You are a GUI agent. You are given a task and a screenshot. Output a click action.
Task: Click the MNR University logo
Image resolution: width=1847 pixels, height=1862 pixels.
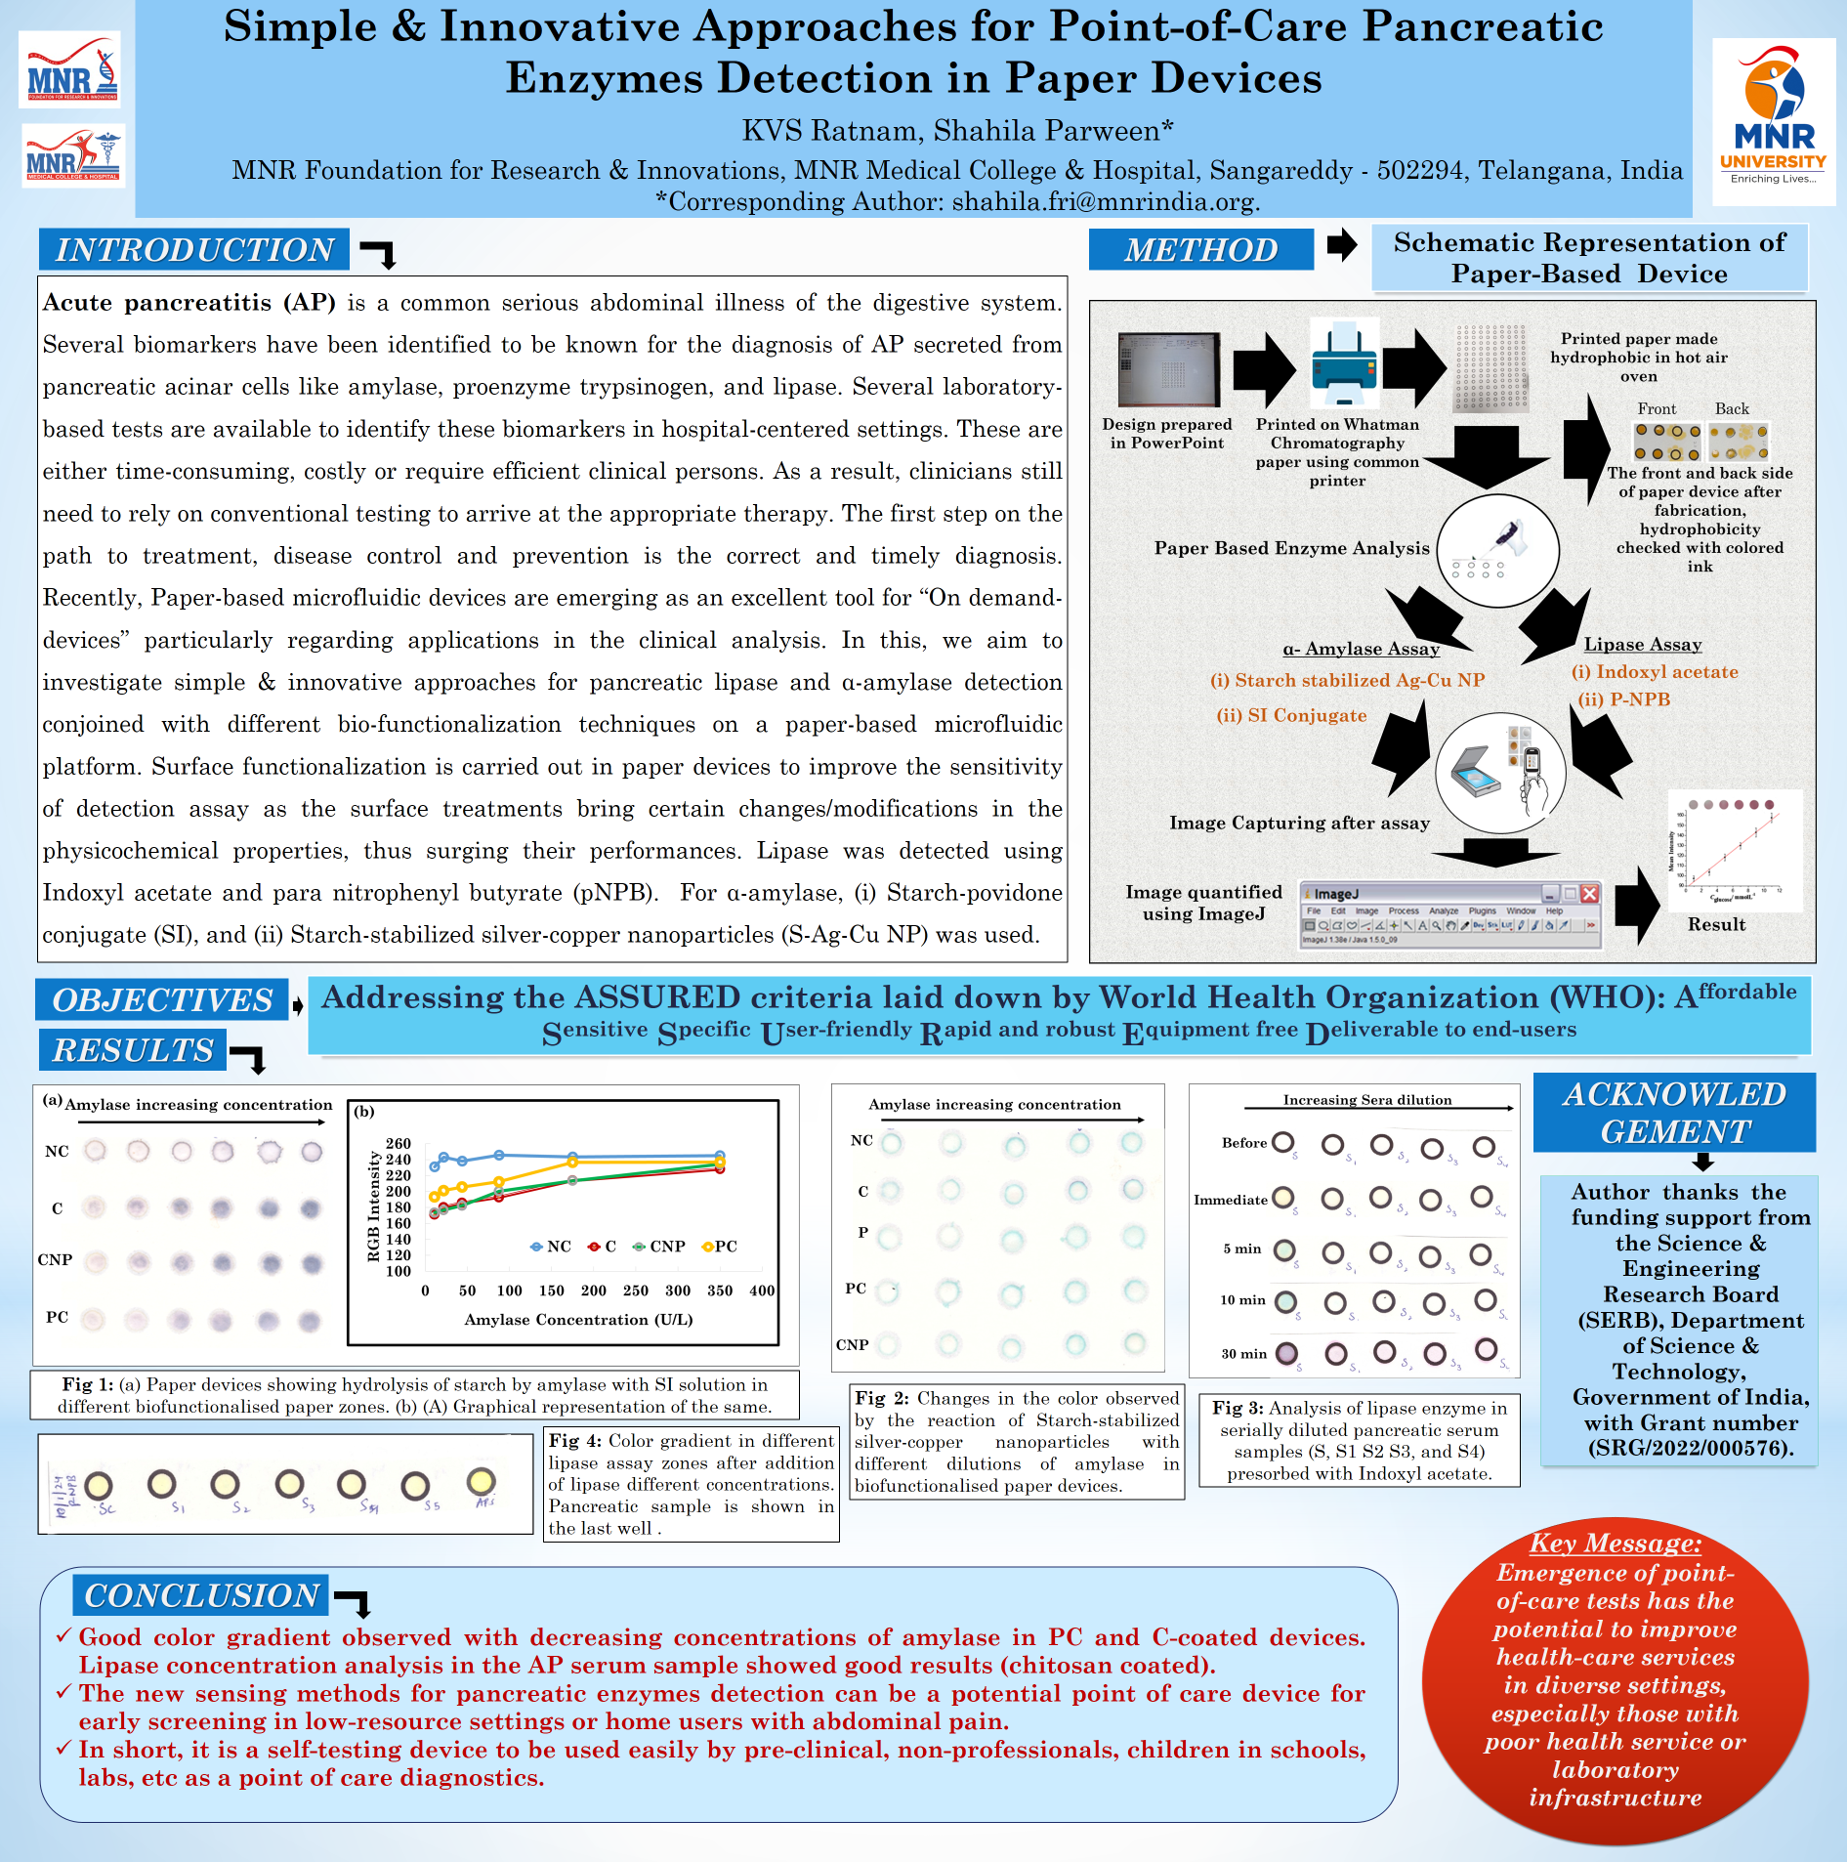click(x=1773, y=121)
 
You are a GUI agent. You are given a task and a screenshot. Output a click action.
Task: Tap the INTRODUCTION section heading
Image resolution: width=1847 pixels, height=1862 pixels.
click(x=194, y=250)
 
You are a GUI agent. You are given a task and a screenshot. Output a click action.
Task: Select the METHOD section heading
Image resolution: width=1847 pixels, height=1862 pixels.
click(x=1200, y=250)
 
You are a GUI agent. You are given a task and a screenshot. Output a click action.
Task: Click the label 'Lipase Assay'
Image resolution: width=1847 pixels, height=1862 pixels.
click(x=1642, y=645)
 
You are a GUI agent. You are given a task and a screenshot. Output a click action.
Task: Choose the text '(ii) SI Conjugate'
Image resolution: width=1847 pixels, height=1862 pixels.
click(x=1291, y=715)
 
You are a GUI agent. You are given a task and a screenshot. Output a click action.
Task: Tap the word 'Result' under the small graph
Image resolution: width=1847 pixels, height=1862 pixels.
click(x=1716, y=924)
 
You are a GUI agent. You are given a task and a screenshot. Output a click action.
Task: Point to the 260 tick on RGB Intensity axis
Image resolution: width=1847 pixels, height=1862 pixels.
click(x=399, y=1143)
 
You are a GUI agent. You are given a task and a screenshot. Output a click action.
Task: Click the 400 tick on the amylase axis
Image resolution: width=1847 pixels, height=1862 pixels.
click(x=762, y=1291)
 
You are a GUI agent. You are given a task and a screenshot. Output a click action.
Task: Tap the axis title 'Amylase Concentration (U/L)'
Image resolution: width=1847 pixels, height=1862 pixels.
click(x=578, y=1320)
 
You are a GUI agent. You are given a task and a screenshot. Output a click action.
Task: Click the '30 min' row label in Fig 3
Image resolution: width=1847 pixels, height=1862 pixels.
click(x=1243, y=1354)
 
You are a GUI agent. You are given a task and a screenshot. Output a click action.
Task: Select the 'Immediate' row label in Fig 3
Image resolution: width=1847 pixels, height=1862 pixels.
click(x=1230, y=1200)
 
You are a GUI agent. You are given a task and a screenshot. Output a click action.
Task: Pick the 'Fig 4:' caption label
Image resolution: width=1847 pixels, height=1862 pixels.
click(x=576, y=1441)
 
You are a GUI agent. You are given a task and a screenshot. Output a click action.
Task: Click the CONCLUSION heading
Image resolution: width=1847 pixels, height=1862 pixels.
click(x=201, y=1595)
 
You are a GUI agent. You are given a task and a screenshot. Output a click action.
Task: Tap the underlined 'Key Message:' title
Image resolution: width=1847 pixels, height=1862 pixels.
click(x=1615, y=1544)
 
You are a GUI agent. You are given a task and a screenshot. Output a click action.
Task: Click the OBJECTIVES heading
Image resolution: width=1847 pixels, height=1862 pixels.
click(x=162, y=1000)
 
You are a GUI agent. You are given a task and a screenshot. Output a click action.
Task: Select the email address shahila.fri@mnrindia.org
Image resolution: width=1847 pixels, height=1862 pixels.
click(x=1105, y=202)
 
